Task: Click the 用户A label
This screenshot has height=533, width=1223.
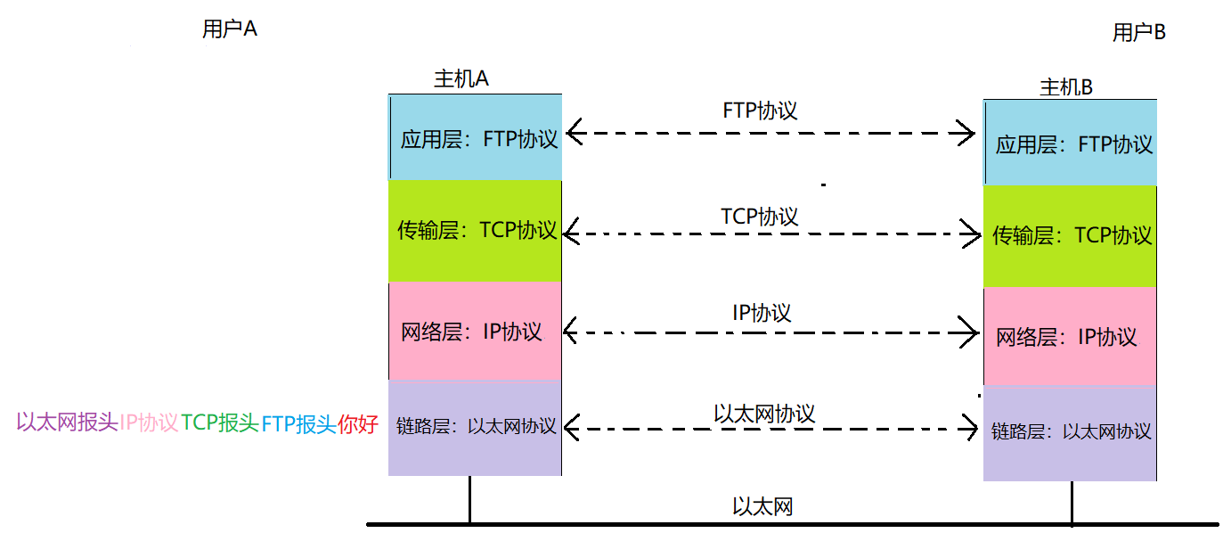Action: (229, 29)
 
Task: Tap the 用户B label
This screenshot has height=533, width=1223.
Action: (1138, 33)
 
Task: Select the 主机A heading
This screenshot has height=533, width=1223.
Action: (461, 78)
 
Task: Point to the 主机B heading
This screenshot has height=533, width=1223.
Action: (1066, 86)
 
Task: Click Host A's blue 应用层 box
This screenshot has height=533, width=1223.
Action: (476, 138)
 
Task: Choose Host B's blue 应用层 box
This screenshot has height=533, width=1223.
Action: (1071, 143)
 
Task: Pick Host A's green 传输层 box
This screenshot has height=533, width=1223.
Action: (476, 231)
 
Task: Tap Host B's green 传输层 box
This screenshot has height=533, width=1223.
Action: (1071, 235)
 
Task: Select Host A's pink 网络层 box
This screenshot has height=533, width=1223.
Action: (476, 332)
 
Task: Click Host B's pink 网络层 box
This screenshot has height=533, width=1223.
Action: (1071, 337)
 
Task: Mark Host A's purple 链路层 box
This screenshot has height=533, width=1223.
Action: (476, 427)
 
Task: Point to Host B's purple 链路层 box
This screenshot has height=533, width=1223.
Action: (1071, 432)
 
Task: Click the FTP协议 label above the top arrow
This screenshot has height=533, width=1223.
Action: (760, 111)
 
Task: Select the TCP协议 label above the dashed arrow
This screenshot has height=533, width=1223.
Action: (759, 216)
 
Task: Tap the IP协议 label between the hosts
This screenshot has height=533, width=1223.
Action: (762, 313)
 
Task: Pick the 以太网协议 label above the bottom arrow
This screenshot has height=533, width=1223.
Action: (764, 414)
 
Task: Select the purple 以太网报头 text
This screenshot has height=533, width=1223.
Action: (67, 422)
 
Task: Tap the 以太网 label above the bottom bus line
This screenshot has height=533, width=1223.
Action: (762, 507)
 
